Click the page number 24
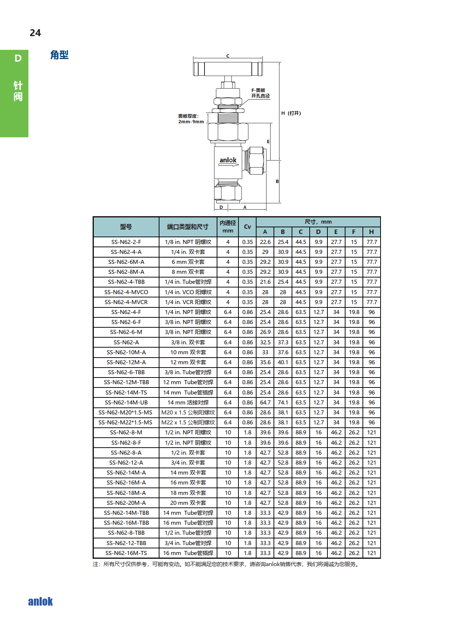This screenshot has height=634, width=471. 35,33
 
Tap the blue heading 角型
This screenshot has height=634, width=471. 59,55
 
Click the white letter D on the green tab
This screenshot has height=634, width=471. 18,58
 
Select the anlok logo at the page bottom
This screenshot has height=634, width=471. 41,602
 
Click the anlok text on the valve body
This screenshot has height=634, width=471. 228,160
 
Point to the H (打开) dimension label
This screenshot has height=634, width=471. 291,113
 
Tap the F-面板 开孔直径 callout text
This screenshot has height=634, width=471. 260,93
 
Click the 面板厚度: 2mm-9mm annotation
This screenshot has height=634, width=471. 190,119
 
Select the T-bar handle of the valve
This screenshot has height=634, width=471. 228,69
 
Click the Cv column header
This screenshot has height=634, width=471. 247,227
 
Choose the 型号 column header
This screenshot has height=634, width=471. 126,227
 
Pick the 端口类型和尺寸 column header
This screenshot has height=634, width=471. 188,227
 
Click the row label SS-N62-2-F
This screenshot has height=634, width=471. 126,242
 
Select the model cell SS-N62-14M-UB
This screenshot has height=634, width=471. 126,403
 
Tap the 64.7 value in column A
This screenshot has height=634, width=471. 265,403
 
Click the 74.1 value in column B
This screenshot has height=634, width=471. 283,403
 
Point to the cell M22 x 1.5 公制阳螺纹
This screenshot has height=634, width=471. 188,423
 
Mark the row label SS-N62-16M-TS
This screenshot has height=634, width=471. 126,553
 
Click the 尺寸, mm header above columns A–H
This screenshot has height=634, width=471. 318,222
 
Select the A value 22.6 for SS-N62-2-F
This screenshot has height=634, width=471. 265,242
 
